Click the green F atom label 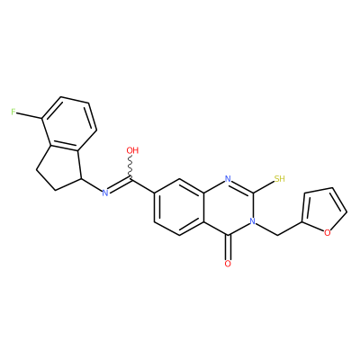[x=13, y=112]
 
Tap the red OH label [x=132, y=150]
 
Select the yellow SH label [x=279, y=179]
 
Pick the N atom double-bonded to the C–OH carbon [x=105, y=193]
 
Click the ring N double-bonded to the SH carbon [x=228, y=179]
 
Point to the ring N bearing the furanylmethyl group [x=253, y=221]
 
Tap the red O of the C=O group [x=228, y=264]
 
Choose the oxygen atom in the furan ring [x=328, y=232]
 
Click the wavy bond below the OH [x=130, y=167]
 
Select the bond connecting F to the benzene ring [x=29, y=116]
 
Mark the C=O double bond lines [x=228, y=247]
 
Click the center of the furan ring [x=323, y=211]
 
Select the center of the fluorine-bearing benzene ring [x=69, y=123]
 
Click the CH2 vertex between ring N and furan [x=277, y=236]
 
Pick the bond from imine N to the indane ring [x=92, y=184]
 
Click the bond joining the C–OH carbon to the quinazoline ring [x=143, y=186]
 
